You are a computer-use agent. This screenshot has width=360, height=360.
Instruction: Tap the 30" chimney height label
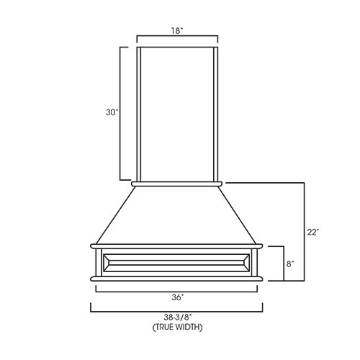pos(111,112)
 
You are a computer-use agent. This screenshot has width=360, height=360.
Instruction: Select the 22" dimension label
pos(312,233)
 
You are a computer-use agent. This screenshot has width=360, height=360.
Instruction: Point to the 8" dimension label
pos(290,264)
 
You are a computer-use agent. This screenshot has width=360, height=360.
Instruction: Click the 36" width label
pos(177,297)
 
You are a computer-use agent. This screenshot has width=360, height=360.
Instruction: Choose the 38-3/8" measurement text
pos(177,318)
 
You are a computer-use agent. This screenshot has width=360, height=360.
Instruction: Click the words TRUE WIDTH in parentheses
pos(177,327)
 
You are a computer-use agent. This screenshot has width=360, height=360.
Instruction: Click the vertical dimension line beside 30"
pos(121,113)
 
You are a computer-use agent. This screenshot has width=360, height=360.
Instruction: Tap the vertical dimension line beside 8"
pos(282,264)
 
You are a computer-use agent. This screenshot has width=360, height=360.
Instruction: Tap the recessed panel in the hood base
pos(177,264)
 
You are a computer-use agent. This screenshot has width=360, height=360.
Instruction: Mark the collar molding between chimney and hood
pos(177,184)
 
